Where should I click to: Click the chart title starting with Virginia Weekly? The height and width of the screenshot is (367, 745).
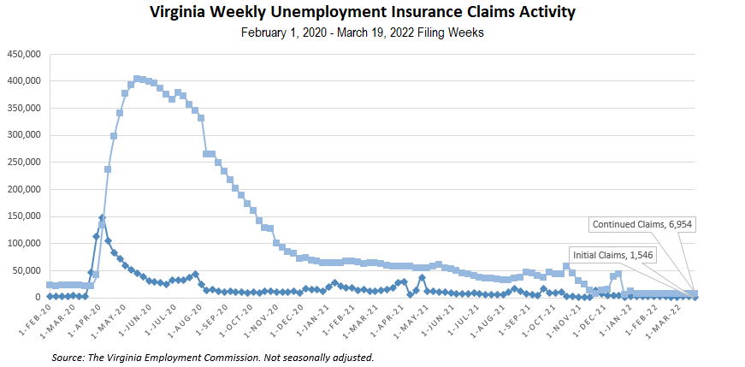pos(373,13)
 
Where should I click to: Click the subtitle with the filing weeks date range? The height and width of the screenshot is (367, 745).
pos(373,33)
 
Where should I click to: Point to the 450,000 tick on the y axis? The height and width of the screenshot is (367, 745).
pos(25,54)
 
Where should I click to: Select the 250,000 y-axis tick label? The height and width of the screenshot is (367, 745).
pos(25,162)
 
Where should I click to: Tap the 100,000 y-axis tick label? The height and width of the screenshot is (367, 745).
pos(25,243)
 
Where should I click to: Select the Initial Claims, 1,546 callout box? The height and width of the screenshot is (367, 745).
pos(615,255)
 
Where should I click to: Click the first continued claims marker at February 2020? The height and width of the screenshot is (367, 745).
pos(50,285)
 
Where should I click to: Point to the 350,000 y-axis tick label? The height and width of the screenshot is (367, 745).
pos(25,108)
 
